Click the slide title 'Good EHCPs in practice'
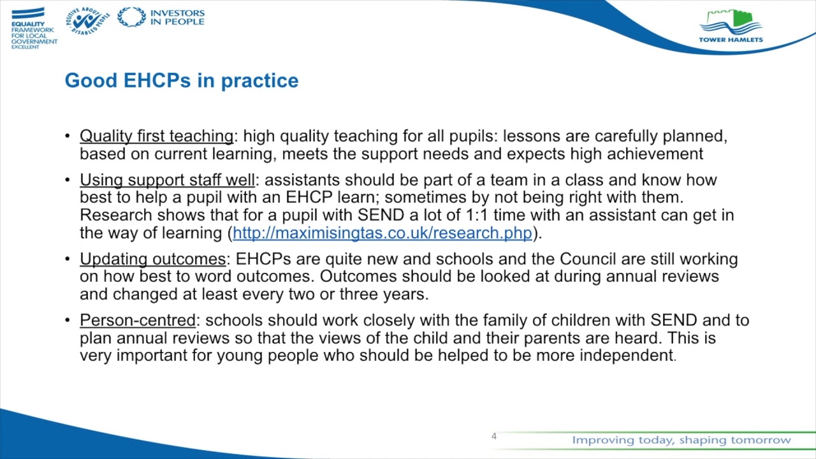click(x=182, y=80)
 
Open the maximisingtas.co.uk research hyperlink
click(x=382, y=233)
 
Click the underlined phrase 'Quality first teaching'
click(x=156, y=136)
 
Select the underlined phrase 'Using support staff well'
click(x=167, y=180)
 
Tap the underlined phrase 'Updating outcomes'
click(x=152, y=259)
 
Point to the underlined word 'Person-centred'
click(x=137, y=320)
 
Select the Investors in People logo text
click(x=177, y=17)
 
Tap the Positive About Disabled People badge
click(x=87, y=20)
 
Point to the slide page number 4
click(x=493, y=436)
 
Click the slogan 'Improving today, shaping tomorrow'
click(x=681, y=440)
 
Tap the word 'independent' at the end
click(x=626, y=356)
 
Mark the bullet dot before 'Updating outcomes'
click(x=68, y=259)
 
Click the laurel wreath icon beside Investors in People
click(x=131, y=17)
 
